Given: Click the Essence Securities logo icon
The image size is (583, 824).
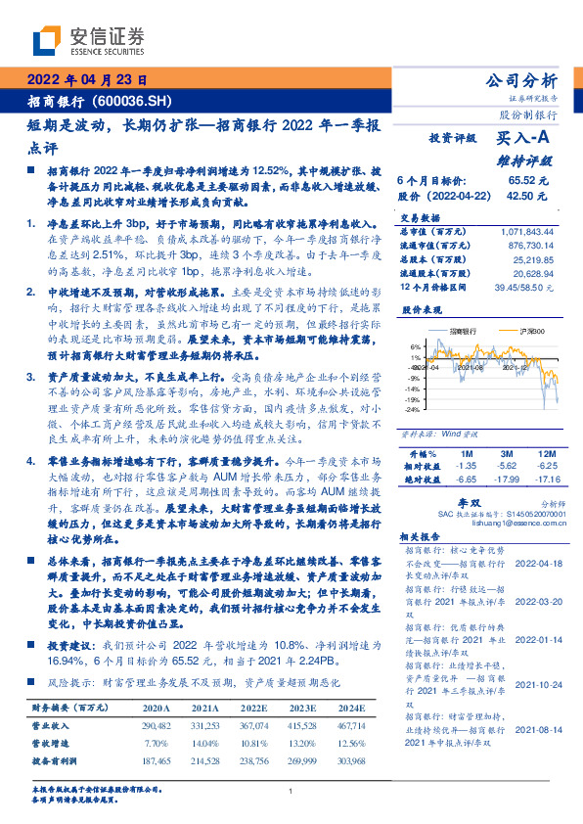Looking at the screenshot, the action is click(47, 41).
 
